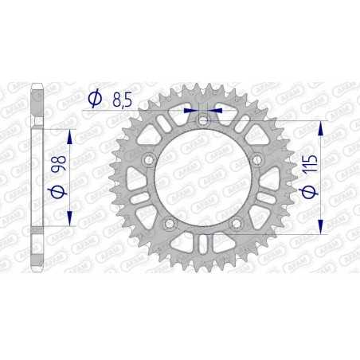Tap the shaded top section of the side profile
pos(35,100)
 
